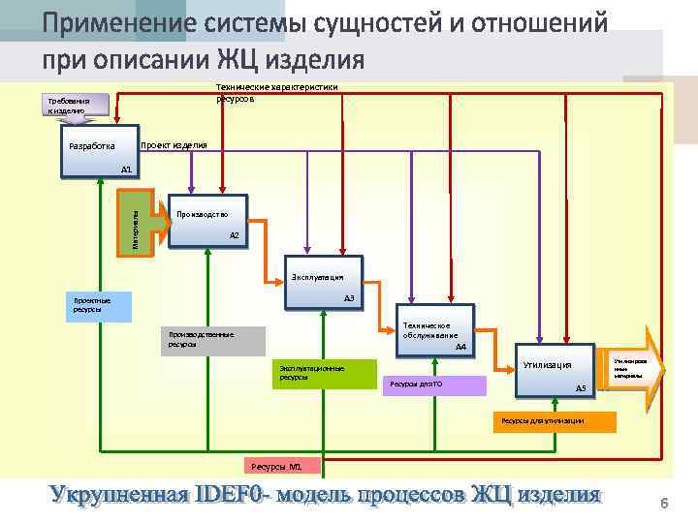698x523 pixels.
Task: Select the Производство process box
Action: point(207,223)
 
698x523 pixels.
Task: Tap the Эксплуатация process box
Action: point(324,283)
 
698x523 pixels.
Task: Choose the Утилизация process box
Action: point(555,370)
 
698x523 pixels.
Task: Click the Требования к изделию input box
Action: point(69,106)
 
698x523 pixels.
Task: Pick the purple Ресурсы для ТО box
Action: point(434,385)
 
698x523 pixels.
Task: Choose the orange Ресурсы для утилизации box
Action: point(554,421)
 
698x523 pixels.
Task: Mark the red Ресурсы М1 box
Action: point(275,467)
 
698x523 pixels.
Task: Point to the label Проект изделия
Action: point(174,145)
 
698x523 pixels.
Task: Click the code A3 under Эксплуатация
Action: point(349,298)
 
